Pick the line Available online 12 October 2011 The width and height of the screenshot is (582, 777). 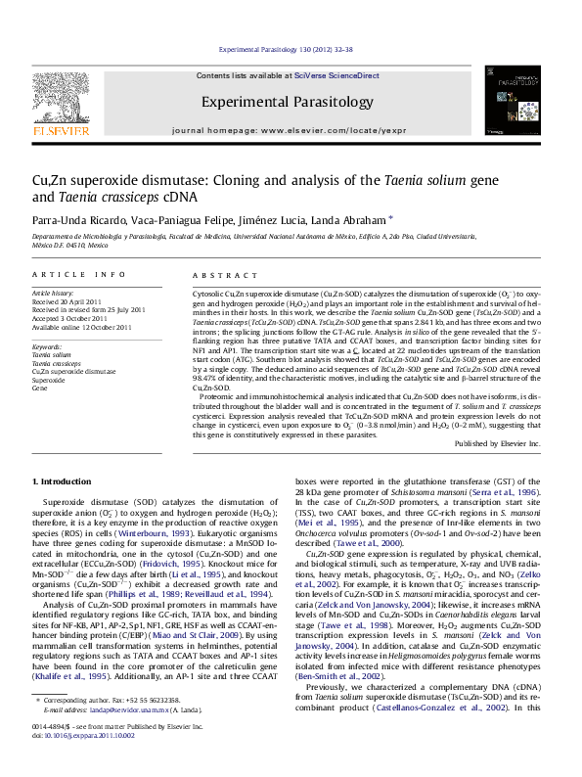point(80,326)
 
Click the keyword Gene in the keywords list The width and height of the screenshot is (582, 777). point(40,388)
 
